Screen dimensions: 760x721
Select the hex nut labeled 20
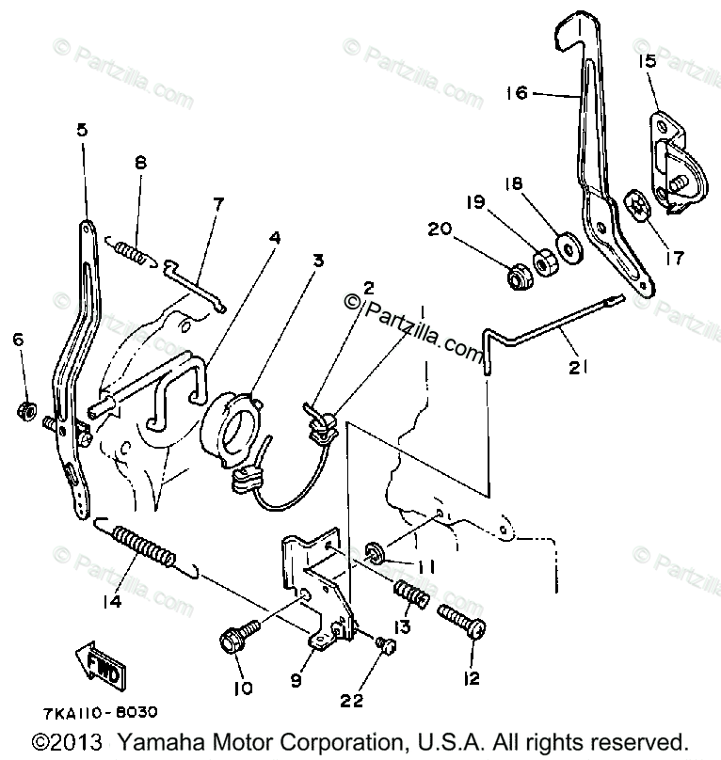tap(518, 277)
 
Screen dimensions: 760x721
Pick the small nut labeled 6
tap(26, 410)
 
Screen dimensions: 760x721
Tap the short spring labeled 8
tap(131, 253)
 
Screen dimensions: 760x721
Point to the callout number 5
tap(83, 130)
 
